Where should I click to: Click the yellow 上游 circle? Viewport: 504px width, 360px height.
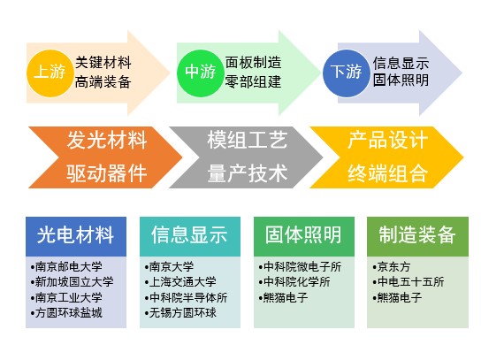click(50, 73)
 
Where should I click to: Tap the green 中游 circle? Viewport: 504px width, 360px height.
click(200, 73)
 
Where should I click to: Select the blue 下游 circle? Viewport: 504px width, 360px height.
click(347, 73)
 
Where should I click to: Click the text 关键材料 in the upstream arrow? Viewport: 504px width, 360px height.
click(103, 62)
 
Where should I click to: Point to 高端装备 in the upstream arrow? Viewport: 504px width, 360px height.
click(103, 81)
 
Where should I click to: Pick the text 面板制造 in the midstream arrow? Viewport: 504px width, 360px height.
click(253, 62)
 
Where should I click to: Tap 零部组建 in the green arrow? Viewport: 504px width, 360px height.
click(253, 81)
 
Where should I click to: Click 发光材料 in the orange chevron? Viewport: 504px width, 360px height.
click(107, 141)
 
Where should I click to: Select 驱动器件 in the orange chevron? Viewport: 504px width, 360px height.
click(107, 173)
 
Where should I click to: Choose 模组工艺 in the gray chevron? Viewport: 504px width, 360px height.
click(248, 141)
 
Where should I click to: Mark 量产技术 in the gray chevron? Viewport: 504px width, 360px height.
click(248, 173)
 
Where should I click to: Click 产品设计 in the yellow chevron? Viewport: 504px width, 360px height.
click(387, 141)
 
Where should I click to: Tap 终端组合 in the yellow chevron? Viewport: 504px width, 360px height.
click(387, 173)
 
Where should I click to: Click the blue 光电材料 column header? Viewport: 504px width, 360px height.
click(76, 236)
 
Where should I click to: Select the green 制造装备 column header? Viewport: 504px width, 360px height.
click(417, 236)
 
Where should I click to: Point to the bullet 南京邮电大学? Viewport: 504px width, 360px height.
click(66, 266)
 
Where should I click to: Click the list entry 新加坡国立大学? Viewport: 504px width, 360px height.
click(72, 282)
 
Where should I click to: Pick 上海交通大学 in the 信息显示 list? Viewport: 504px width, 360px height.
click(180, 282)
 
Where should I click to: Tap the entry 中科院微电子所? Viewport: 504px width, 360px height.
click(300, 266)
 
